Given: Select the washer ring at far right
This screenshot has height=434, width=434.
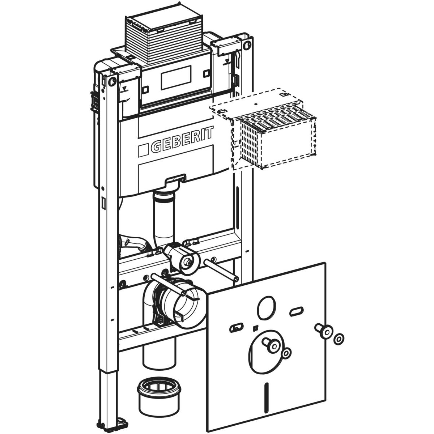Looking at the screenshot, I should click(339, 339).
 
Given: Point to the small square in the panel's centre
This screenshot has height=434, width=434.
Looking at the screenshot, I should click(255, 328).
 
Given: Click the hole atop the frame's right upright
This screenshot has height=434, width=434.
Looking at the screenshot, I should click(247, 45).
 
